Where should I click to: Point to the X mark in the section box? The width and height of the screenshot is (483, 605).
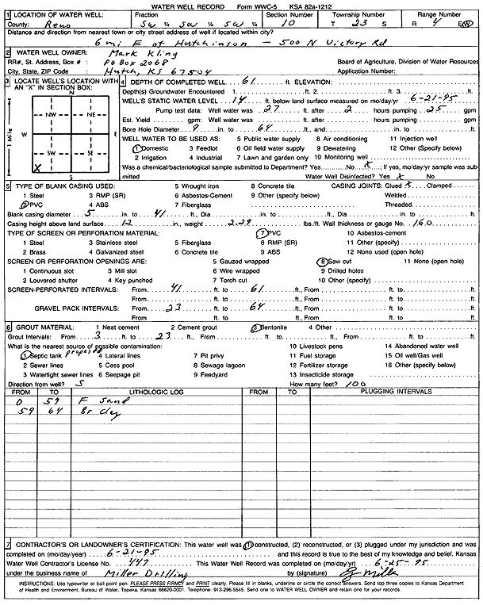click(x=36, y=168)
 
